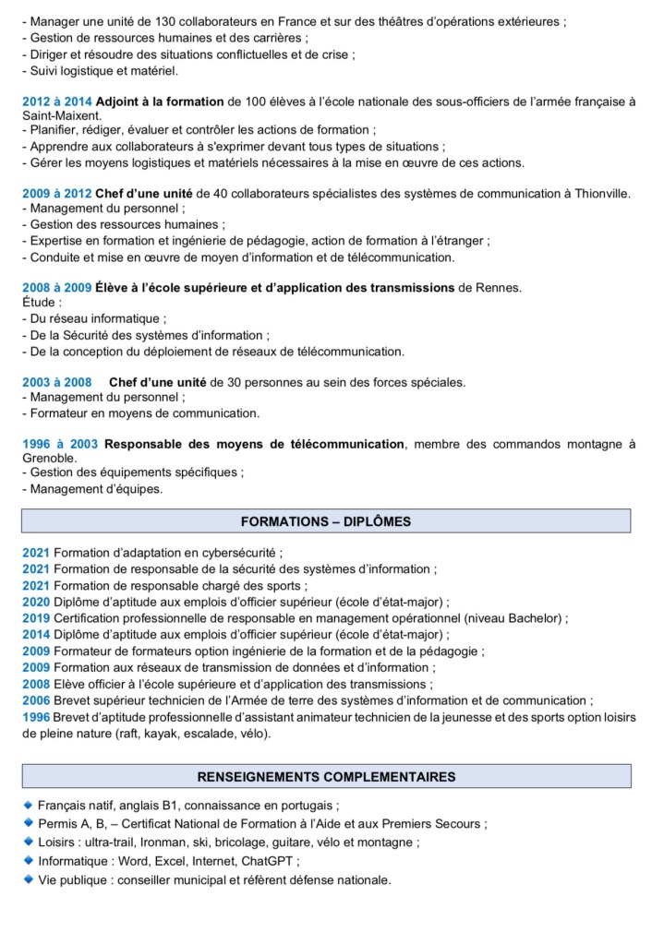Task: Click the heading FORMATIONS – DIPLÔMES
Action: click(326, 521)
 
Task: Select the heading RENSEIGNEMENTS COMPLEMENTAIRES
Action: click(326, 776)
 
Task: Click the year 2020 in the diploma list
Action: click(36, 602)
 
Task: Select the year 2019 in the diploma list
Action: click(36, 618)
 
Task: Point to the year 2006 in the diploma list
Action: click(36, 700)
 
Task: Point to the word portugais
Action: click(307, 804)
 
